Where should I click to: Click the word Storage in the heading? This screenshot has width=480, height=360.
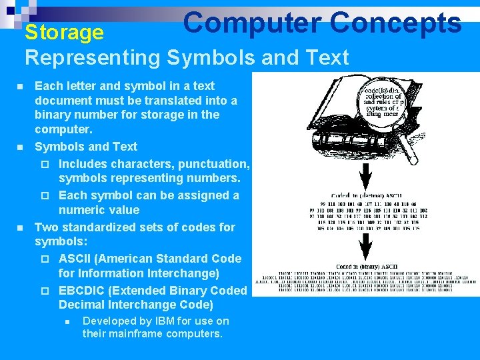click(64, 32)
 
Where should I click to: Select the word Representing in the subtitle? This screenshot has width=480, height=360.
click(93, 57)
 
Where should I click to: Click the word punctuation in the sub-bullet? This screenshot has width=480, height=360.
click(214, 163)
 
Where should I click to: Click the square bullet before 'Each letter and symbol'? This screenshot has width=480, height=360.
click(20, 87)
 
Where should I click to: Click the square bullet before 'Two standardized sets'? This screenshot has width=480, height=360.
click(20, 227)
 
